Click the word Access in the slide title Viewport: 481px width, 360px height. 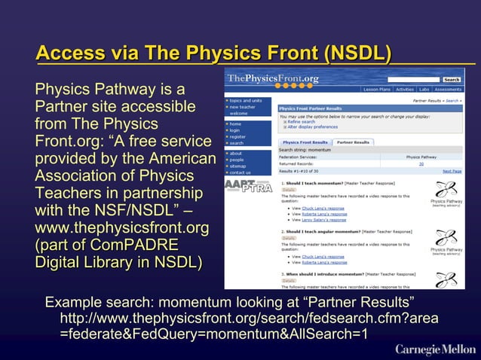pos(72,54)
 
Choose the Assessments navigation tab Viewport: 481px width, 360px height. pos(448,89)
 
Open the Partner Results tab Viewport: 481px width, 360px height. pos(353,142)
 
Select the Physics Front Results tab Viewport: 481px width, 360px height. pos(305,142)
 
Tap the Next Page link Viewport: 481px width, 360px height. pos(452,172)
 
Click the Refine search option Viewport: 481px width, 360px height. pos(299,121)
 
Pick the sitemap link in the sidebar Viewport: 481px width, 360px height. pos(237,166)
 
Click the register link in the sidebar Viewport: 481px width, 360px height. pos(237,136)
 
